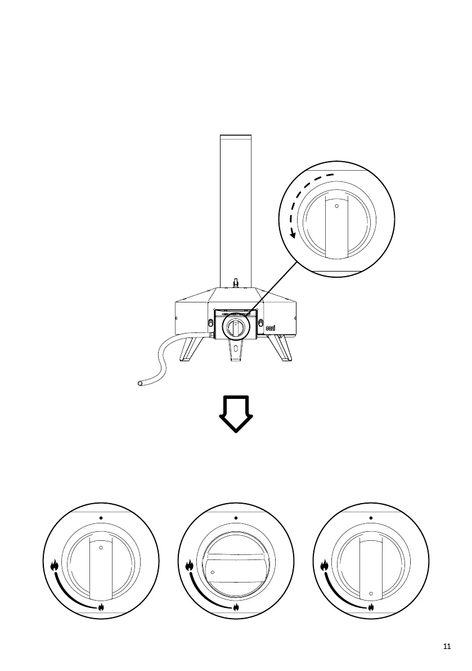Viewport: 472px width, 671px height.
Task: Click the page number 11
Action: (447, 647)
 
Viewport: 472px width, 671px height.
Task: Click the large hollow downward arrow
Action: (236, 414)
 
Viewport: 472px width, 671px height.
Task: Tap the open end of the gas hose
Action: (140, 383)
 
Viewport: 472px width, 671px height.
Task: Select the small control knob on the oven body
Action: (237, 327)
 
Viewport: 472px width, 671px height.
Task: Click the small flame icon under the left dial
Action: (101, 608)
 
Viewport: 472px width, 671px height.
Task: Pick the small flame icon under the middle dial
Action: (236, 608)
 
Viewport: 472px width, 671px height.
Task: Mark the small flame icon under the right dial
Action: (371, 608)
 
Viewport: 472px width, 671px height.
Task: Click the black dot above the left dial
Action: (101, 518)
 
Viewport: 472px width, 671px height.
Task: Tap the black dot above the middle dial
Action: (236, 518)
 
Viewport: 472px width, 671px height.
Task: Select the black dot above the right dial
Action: (371, 518)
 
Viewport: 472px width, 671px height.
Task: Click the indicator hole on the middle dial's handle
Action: (213, 572)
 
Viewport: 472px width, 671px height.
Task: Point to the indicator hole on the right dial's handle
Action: (371, 593)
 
